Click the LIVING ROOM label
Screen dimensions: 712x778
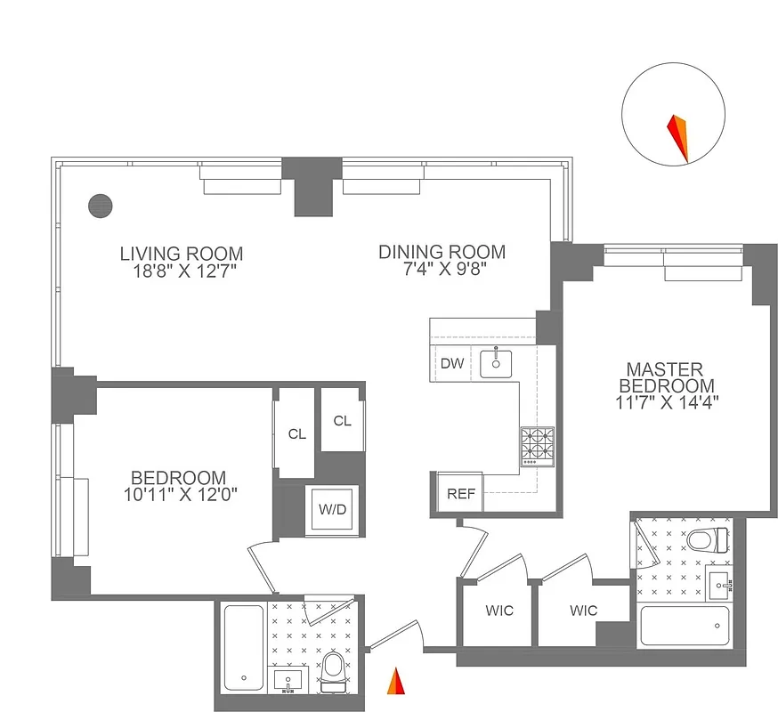point(182,254)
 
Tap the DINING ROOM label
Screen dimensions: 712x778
point(442,252)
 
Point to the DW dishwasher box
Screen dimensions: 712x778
point(451,363)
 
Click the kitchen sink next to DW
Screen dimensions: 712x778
point(495,362)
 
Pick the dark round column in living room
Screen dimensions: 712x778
point(101,205)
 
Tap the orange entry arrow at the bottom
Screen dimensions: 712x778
point(395,683)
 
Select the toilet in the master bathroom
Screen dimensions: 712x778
point(708,539)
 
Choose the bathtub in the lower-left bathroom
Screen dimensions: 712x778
point(242,646)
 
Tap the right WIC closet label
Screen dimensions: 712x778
point(583,611)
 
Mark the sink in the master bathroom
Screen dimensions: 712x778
point(723,585)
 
